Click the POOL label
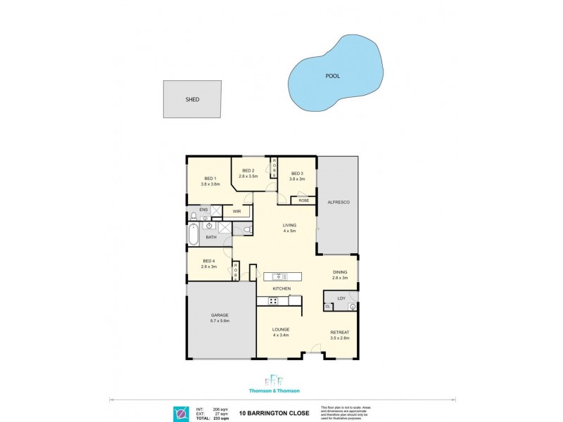click(x=332, y=76)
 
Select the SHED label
click(x=192, y=100)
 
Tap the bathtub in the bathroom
click(x=194, y=235)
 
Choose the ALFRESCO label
click(x=339, y=203)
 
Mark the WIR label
click(x=227, y=211)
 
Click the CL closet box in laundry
click(x=328, y=307)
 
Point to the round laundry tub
click(x=352, y=307)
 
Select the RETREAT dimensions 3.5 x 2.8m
click(x=340, y=338)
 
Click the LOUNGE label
click(x=281, y=329)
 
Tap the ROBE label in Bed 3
click(x=303, y=200)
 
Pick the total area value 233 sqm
click(x=222, y=418)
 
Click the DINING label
click(x=340, y=271)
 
